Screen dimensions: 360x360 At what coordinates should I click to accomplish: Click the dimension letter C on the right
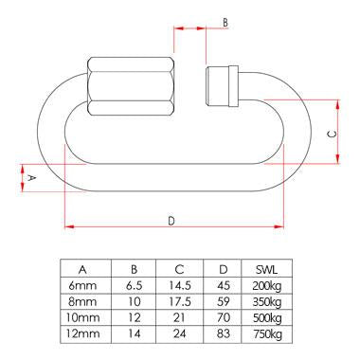(331, 134)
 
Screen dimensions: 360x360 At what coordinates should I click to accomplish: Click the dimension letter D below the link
(171, 220)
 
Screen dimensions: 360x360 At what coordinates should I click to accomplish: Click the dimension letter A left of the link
(31, 177)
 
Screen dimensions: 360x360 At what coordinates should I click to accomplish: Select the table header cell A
(83, 268)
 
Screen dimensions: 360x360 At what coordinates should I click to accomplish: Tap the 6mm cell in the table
(83, 285)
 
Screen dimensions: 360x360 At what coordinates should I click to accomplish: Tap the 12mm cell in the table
(83, 335)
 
